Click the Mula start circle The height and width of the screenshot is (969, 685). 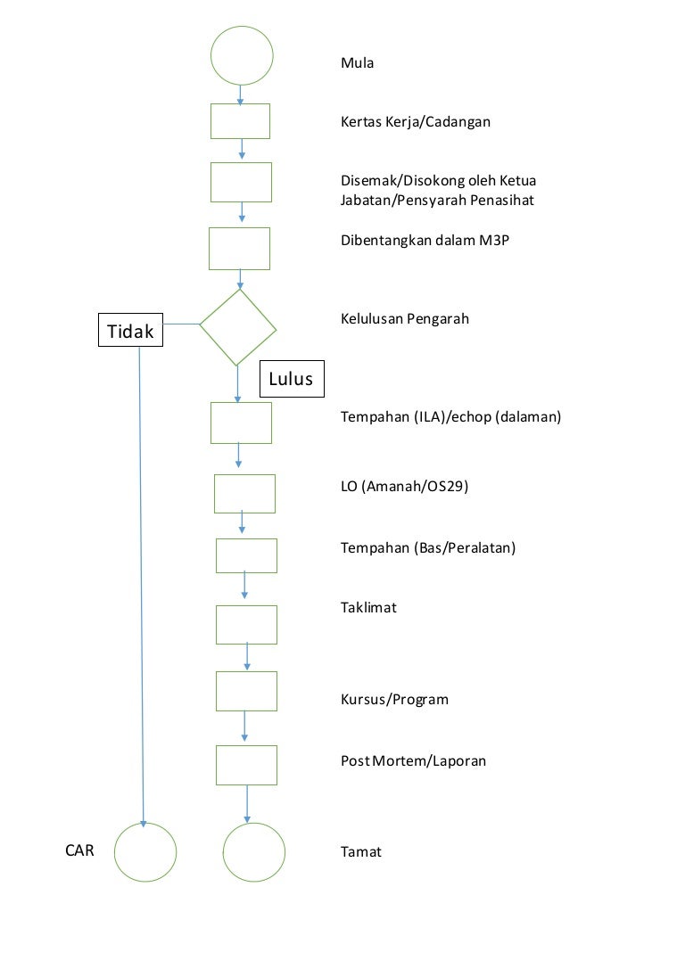[x=241, y=55]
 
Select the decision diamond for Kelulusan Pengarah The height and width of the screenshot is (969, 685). [x=238, y=327]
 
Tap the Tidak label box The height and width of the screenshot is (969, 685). [x=130, y=333]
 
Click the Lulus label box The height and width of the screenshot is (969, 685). [x=292, y=379]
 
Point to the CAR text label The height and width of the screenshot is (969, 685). [x=79, y=850]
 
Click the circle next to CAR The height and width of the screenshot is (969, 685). [x=145, y=852]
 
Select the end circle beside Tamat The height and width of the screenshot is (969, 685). [x=254, y=852]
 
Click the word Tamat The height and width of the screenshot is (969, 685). [x=360, y=851]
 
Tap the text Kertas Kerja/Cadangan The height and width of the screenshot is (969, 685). [x=416, y=121]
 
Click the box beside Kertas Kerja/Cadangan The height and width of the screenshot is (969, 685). [x=240, y=121]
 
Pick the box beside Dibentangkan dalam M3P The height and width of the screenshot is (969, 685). [x=239, y=249]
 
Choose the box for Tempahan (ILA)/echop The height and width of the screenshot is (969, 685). [x=241, y=423]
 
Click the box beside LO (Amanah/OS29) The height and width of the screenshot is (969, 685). [x=244, y=494]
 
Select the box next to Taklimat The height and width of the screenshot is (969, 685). [x=246, y=624]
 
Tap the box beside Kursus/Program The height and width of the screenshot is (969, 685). [x=246, y=691]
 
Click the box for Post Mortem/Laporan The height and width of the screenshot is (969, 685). [x=246, y=765]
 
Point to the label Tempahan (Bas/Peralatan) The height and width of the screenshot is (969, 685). [x=428, y=547]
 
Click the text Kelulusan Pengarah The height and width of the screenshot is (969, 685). [x=405, y=318]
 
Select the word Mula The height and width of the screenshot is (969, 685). [x=357, y=63]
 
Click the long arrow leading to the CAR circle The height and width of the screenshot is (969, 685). [x=141, y=579]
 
